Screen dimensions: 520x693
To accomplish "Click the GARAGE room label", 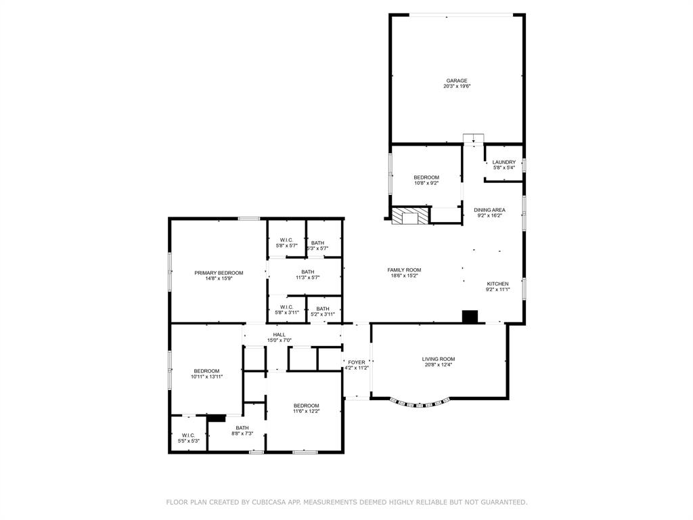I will point(456,81).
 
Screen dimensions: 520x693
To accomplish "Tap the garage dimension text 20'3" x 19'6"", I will point(456,87).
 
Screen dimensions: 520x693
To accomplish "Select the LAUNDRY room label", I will point(504,162).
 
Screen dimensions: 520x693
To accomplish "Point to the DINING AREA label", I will point(490,210).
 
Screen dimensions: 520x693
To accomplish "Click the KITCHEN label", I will point(497,284).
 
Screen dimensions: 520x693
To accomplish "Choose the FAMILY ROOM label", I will point(404,269).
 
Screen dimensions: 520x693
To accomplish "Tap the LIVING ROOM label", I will point(438,359).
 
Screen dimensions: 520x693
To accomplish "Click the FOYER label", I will point(356,362).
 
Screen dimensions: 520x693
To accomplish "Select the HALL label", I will point(279,334).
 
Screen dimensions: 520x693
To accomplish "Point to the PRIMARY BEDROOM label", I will point(219,273).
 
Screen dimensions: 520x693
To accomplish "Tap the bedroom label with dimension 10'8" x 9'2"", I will point(426,177).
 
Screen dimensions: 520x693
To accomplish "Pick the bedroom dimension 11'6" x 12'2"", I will point(306,411).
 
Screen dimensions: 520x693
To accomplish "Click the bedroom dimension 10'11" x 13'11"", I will point(206,376).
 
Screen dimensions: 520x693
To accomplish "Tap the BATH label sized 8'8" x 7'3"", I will point(242,427).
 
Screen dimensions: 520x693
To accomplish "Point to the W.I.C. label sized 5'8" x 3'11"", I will point(287,307).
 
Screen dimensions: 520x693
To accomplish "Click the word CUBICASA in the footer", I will point(270,502).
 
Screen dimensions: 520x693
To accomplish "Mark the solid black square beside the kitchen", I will point(470,316).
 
